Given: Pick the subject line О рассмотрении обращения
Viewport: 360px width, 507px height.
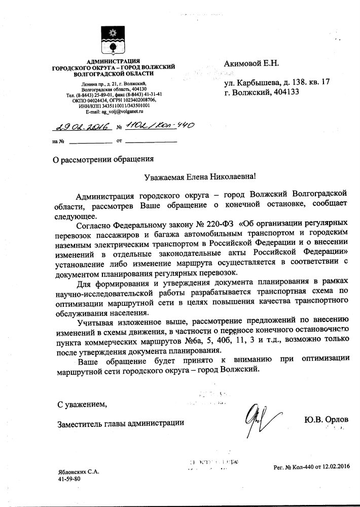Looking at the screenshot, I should tap(103, 159).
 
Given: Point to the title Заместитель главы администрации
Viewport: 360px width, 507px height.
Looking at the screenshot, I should tap(120, 421).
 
